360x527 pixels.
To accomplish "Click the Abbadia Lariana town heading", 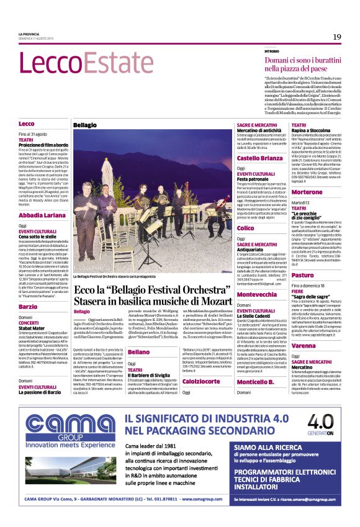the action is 42,215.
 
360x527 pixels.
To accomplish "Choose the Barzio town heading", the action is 28,307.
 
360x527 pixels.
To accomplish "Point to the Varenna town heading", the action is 305,346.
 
